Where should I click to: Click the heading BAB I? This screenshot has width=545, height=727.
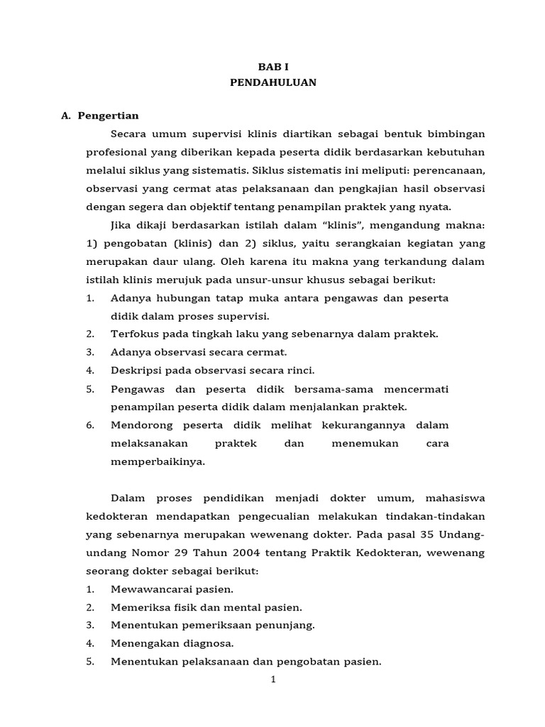pyautogui.click(x=273, y=64)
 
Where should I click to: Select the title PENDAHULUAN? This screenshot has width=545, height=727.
pyautogui.click(x=273, y=82)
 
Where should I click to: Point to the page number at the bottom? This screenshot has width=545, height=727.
pyautogui.click(x=273, y=679)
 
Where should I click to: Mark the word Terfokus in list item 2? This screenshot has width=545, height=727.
pyautogui.click(x=133, y=333)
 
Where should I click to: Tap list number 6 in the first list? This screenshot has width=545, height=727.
pyautogui.click(x=90, y=425)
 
